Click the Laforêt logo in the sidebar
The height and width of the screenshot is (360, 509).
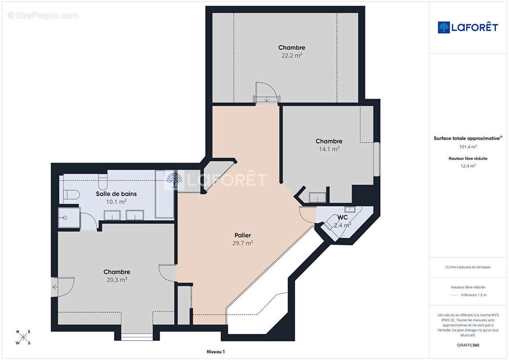coord(468,27)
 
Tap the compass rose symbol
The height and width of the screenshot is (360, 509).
coord(23,337)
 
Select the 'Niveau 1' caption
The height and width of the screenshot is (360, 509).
coord(216,351)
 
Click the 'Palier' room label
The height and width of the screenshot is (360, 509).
coord(243,235)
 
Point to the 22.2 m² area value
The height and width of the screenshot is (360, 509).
coord(292,55)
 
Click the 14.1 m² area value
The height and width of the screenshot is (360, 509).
coord(329,149)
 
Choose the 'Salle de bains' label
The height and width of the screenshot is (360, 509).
coord(116,194)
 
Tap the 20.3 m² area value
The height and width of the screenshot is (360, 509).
coord(117,279)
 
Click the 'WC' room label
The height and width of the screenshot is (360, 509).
coord(342,217)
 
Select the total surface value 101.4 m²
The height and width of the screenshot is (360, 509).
coord(468,147)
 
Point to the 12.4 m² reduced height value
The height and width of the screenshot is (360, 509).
coord(468,166)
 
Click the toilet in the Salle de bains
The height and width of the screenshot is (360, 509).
coord(71,195)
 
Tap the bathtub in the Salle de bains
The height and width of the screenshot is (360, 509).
coord(164,194)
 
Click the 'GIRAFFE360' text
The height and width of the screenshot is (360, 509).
coord(468,345)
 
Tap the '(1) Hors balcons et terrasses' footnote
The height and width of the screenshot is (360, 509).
coord(468,267)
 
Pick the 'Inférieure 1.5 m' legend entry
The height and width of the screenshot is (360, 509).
coord(473,295)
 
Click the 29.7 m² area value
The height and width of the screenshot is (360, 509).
coord(243,243)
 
